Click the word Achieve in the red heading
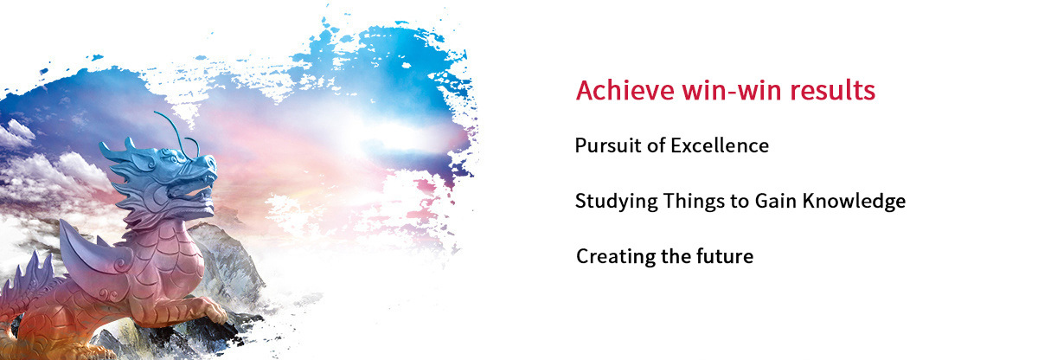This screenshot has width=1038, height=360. tap(625, 90)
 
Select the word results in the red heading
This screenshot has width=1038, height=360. tap(833, 90)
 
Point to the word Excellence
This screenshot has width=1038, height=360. tap(720, 145)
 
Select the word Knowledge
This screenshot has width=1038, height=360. tap(854, 202)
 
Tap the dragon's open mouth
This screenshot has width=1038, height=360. tap(199, 189)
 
